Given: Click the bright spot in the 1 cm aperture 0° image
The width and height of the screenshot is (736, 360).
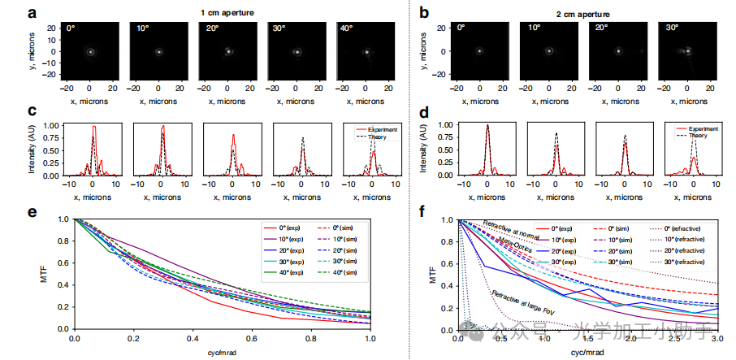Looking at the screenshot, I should point(91,52).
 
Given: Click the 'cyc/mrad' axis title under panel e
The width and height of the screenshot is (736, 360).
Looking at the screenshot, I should point(222,352).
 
